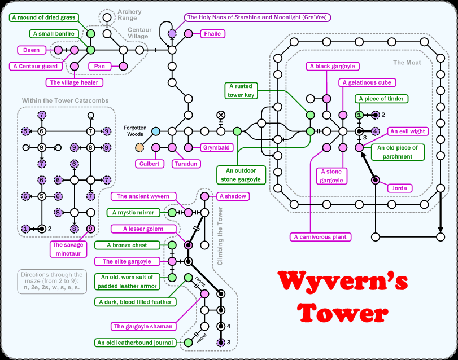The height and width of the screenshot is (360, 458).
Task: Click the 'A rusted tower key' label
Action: click(241, 90)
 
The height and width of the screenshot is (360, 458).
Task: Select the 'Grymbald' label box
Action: click(216, 148)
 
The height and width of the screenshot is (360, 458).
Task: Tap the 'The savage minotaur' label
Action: click(66, 249)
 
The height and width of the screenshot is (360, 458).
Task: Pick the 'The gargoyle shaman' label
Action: click(144, 326)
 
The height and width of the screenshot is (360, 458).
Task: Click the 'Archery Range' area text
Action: click(129, 15)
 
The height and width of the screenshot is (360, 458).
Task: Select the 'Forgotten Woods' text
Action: click(136, 131)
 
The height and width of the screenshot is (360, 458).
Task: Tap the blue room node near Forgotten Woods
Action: click(156, 131)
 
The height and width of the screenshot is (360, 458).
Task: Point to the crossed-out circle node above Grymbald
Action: click(221, 115)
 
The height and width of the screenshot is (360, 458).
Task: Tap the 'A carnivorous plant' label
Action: click(320, 237)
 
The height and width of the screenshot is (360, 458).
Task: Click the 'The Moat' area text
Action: click(407, 63)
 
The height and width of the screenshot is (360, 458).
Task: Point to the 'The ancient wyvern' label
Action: click(143, 196)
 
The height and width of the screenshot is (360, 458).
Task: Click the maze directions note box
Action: click(50, 280)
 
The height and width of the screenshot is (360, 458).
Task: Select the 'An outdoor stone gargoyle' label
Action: click(241, 175)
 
